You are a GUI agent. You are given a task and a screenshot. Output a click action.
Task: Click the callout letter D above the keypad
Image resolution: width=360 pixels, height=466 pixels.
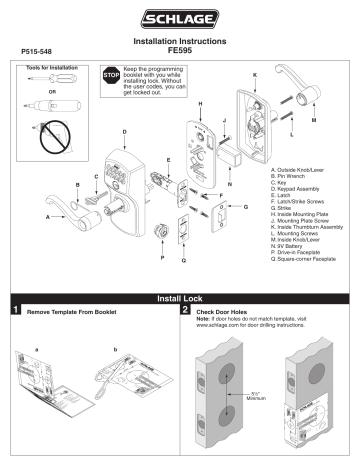click(123, 132)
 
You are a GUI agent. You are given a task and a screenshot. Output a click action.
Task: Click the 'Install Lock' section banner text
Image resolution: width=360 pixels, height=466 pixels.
click(181, 298)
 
